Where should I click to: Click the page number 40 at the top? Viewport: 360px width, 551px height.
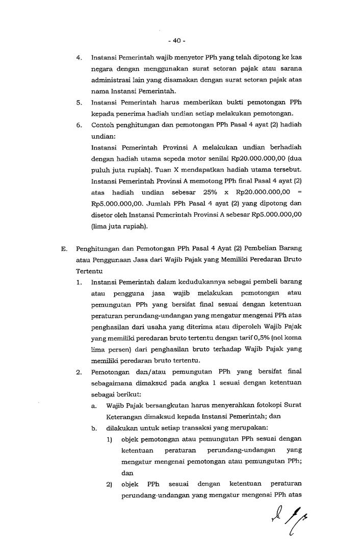click(x=179, y=40)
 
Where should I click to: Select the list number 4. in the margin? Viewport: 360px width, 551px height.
click(x=80, y=58)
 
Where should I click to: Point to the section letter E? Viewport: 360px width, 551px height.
click(x=64, y=248)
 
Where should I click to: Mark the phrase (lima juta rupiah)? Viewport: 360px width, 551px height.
click(x=118, y=226)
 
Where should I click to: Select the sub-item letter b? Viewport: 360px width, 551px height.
click(x=95, y=428)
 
